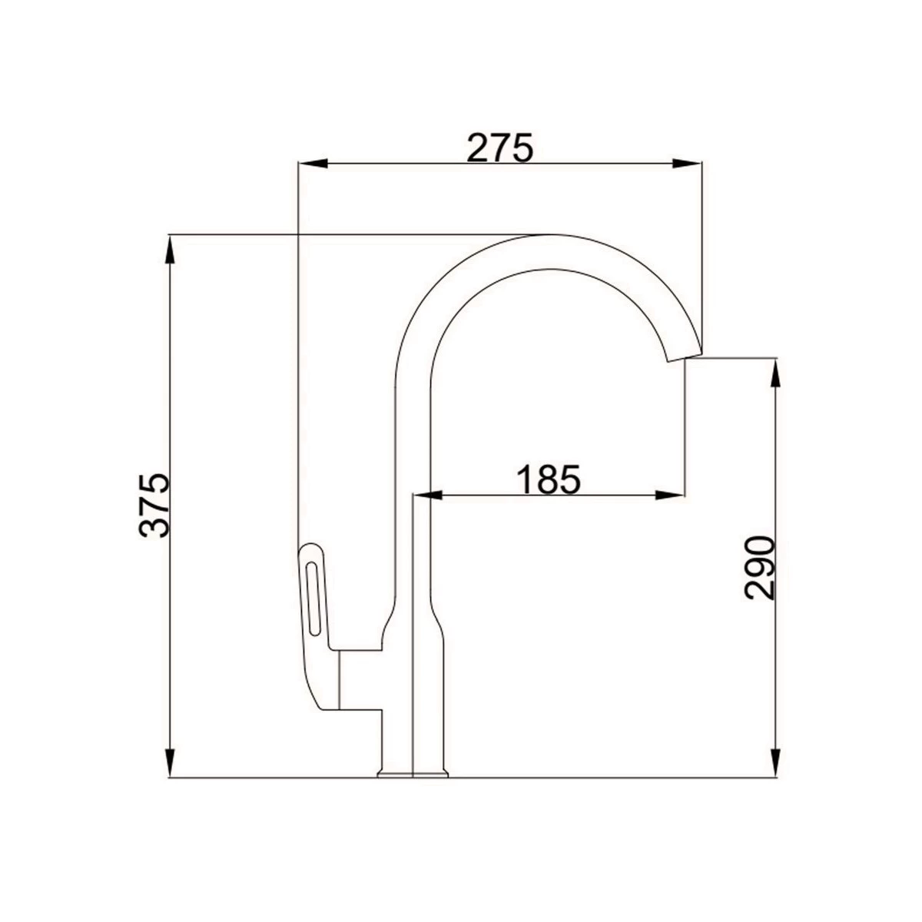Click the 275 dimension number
click(x=499, y=148)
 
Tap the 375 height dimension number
click(x=154, y=506)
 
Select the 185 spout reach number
click(x=549, y=479)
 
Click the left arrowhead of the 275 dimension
click(x=312, y=163)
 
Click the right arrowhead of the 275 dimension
click(x=687, y=163)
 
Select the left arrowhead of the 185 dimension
click(x=427, y=496)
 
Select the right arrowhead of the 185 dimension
click(x=670, y=496)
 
